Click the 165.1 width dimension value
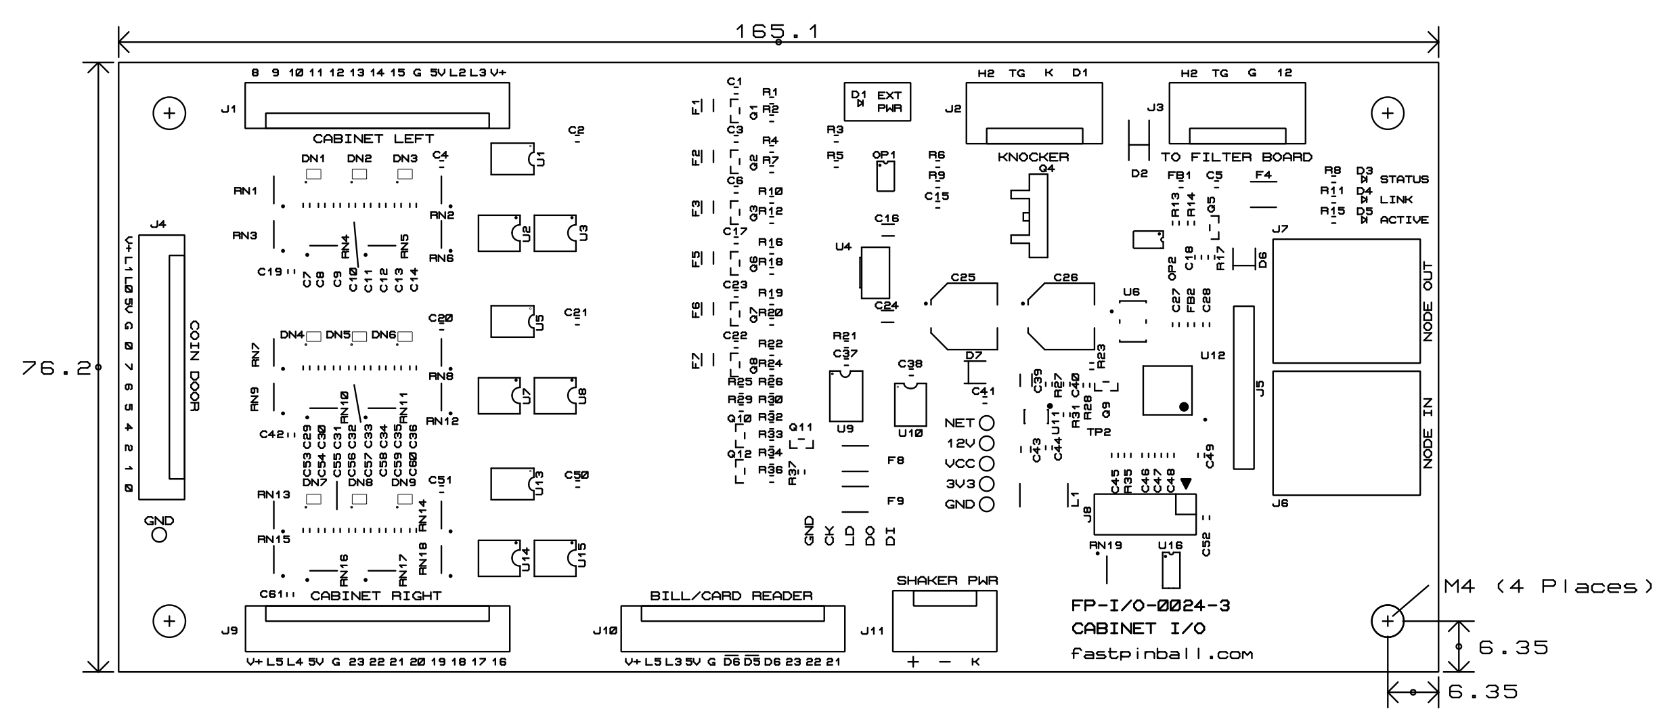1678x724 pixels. click(777, 31)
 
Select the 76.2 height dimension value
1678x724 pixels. click(56, 368)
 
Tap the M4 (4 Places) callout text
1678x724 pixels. click(1549, 587)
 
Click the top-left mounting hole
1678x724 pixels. click(169, 113)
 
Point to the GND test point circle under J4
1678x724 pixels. click(159, 535)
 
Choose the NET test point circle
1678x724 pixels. click(987, 423)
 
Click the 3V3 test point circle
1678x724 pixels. click(987, 484)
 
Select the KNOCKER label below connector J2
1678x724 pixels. click(1033, 157)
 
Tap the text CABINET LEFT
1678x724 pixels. click(373, 139)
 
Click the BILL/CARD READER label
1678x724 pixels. click(731, 596)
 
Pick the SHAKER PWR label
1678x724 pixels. click(947, 580)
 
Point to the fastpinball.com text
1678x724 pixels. click(1162, 654)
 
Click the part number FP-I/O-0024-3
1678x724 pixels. click(1151, 605)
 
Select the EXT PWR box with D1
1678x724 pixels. click(877, 102)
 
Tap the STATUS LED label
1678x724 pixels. click(1404, 179)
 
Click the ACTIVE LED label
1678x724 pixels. click(1404, 220)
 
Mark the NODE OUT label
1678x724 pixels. click(1428, 301)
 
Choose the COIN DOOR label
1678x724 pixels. click(194, 366)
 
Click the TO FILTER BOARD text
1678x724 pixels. click(1236, 157)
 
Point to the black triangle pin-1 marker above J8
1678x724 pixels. click(1185, 484)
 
